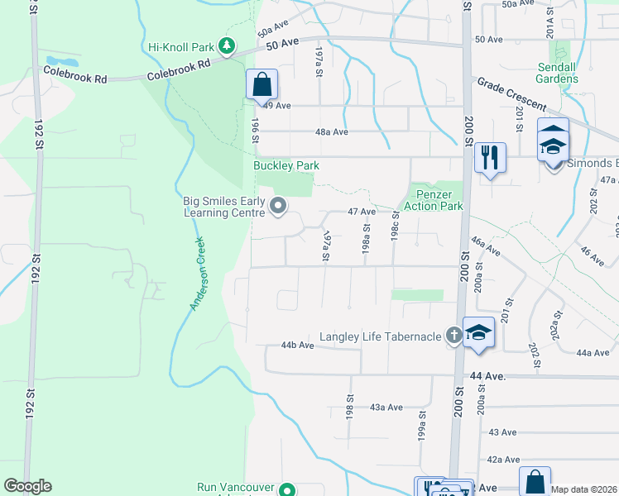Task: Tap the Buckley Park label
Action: coord(286,165)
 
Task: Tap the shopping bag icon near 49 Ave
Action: coord(262,84)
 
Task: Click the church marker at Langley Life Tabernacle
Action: coord(453,335)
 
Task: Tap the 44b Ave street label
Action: coord(297,345)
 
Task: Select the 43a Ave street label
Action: coord(386,407)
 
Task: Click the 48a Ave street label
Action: coord(329,131)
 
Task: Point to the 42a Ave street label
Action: coord(502,459)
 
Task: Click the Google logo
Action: coord(27,486)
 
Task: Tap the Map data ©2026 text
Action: coord(584,489)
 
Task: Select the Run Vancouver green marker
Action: coord(287,489)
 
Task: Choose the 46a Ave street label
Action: coord(483,245)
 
